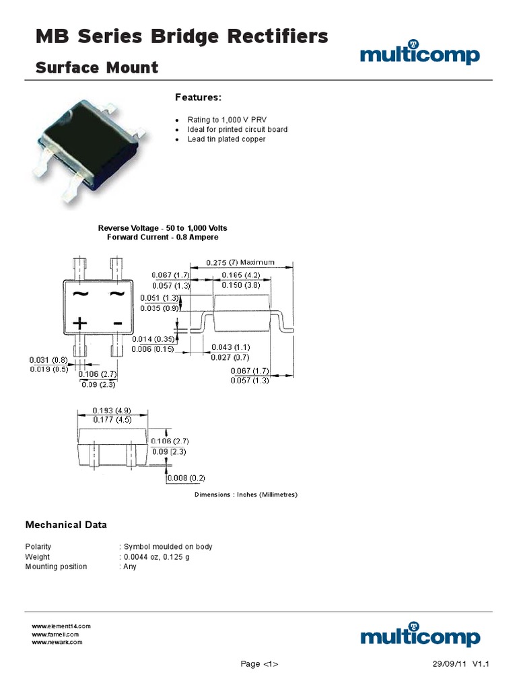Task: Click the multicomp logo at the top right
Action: click(x=420, y=54)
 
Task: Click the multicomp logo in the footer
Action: click(x=420, y=635)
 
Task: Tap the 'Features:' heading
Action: click(x=198, y=98)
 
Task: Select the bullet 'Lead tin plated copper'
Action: click(x=226, y=139)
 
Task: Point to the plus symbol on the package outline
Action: click(x=80, y=324)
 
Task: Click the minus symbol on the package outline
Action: click(x=118, y=324)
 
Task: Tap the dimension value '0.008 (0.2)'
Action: click(x=186, y=478)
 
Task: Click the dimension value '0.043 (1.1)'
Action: click(x=230, y=347)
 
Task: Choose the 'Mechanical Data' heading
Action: click(x=66, y=525)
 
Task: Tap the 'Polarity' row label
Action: click(x=38, y=547)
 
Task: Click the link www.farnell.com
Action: click(x=56, y=634)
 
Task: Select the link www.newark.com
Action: click(x=57, y=642)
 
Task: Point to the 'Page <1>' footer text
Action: click(x=259, y=664)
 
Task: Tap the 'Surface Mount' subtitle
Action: click(x=97, y=67)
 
